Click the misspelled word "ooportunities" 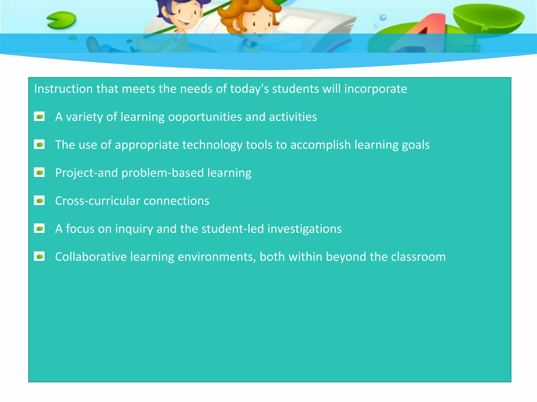(x=205, y=117)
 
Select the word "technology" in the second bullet (x=212, y=145)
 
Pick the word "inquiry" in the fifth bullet (x=134, y=229)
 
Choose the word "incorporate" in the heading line (x=375, y=89)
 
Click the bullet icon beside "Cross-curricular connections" (x=39, y=201)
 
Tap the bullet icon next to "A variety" (x=39, y=117)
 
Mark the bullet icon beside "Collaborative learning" (x=39, y=256)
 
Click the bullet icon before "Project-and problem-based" (x=39, y=173)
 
